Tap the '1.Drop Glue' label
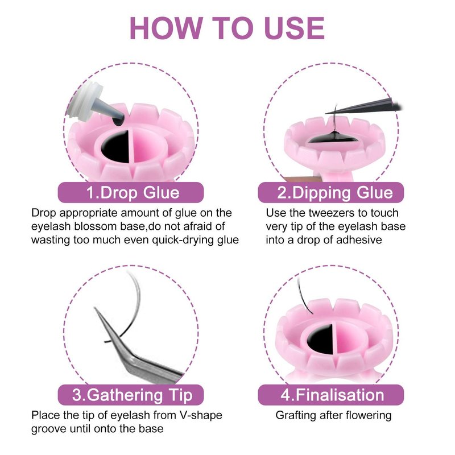pyautogui.click(x=131, y=192)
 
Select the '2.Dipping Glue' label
pyautogui.click(x=331, y=192)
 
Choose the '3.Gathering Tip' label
pyautogui.click(x=131, y=395)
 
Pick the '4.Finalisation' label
pyautogui.click(x=331, y=395)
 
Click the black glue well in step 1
pyautogui.click(x=116, y=147)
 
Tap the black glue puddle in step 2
pyautogui.click(x=332, y=138)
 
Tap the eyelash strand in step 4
pyautogui.click(x=303, y=296)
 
